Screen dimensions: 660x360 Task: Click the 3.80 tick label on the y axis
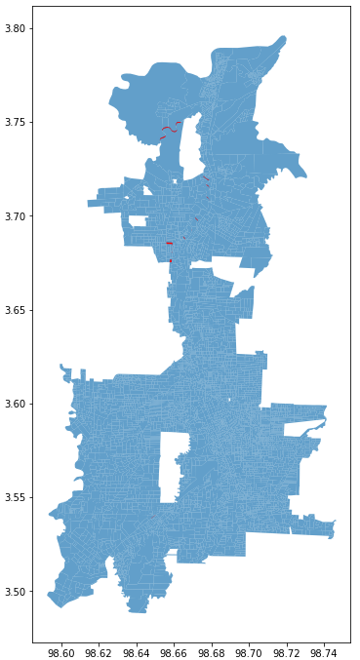tap(17, 29)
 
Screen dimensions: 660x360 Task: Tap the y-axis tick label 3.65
tap(17, 310)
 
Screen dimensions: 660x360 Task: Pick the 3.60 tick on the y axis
tap(17, 404)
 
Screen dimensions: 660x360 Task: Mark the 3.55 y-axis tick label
tap(17, 497)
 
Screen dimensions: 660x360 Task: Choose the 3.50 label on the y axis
tap(17, 591)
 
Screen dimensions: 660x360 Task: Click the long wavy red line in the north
tap(170, 129)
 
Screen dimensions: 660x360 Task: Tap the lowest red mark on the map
tap(170, 260)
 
